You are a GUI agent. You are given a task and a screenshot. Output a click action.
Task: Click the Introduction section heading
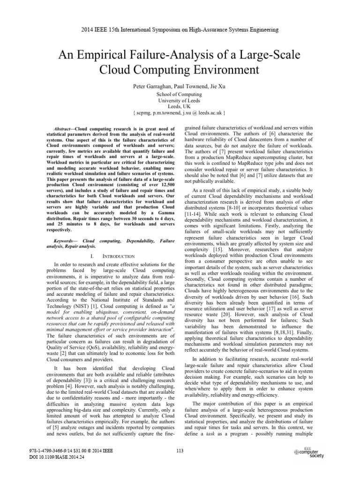coord(110,256)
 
